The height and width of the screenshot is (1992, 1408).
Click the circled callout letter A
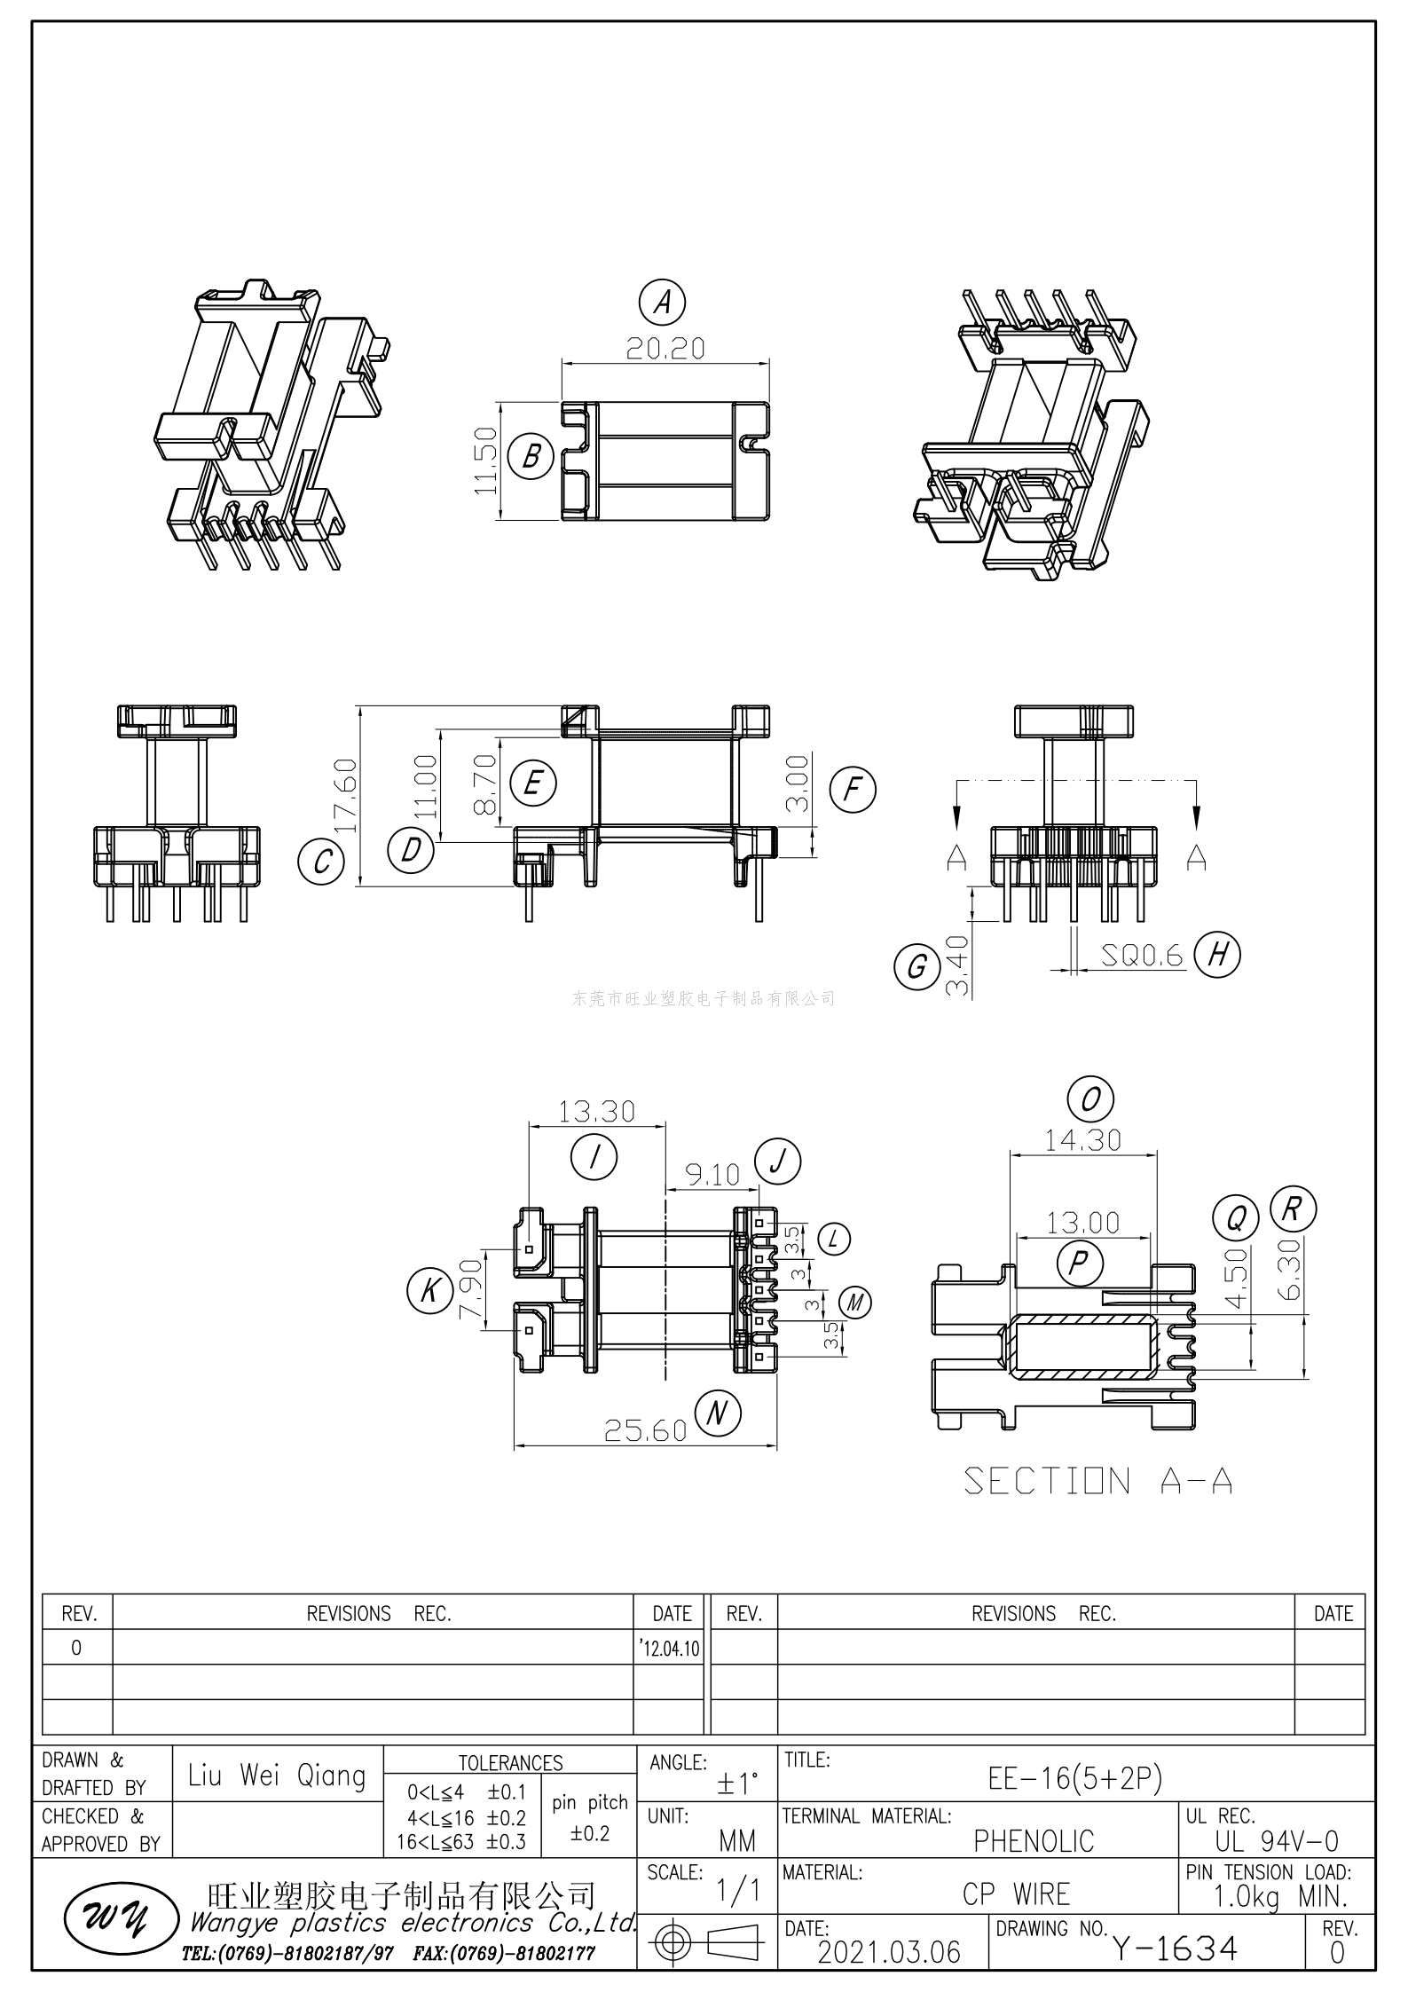click(x=662, y=303)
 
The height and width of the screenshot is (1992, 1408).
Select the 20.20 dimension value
click(x=665, y=349)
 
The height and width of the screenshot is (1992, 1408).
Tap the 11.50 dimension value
click(x=485, y=461)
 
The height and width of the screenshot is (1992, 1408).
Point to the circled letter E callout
click(x=533, y=783)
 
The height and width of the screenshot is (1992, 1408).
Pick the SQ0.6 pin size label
click(x=1142, y=955)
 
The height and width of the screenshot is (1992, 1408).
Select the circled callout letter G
click(x=916, y=965)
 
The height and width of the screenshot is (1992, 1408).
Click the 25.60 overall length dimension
click(x=645, y=1429)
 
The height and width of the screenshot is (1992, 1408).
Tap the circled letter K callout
click(x=429, y=1289)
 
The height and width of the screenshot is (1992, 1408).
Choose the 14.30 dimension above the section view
click(x=1082, y=1139)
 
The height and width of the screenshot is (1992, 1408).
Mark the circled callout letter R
click(x=1293, y=1209)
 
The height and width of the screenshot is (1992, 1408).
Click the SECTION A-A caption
click(x=1097, y=1481)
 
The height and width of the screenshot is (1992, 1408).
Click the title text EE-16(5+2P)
click(x=1074, y=1778)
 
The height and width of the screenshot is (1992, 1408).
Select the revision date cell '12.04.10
click(x=670, y=1649)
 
